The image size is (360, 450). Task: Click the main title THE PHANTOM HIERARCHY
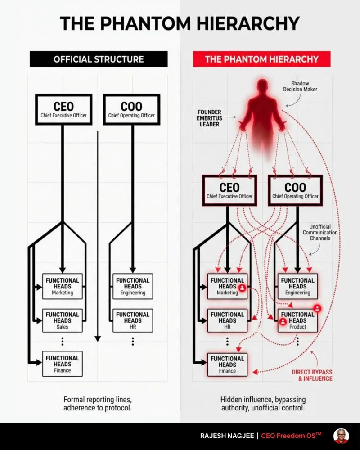(180, 23)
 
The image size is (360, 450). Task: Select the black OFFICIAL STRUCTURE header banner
(99, 59)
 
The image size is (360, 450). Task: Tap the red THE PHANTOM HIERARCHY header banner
(262, 59)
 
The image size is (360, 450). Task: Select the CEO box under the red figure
(229, 190)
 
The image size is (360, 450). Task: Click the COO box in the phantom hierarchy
(295, 190)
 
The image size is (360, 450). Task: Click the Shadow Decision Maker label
(304, 86)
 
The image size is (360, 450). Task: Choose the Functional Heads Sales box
(62, 320)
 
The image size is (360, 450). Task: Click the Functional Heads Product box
(297, 320)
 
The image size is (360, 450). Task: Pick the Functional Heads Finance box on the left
(62, 364)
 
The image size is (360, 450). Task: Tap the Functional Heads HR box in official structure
(133, 320)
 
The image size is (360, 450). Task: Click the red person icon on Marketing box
(242, 287)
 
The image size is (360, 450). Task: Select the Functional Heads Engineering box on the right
(297, 286)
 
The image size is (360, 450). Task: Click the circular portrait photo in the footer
(341, 436)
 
